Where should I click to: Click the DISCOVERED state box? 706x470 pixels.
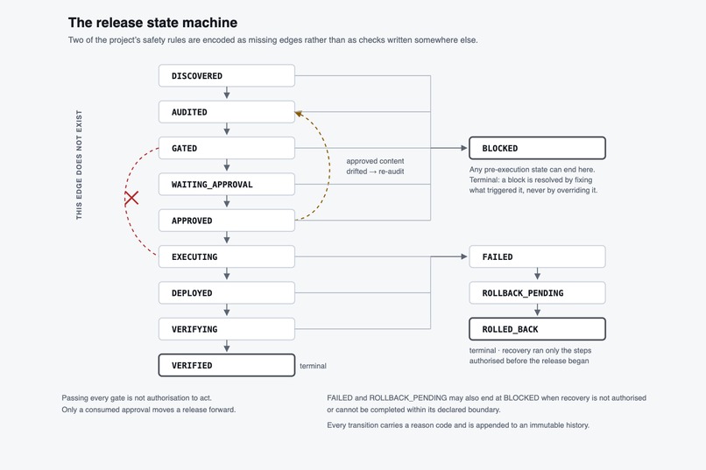click(x=227, y=75)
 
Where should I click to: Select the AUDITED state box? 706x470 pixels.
click(x=227, y=112)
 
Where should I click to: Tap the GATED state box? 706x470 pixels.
click(x=227, y=148)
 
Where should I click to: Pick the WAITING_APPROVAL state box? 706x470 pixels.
click(x=227, y=185)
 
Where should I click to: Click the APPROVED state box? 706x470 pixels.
click(x=227, y=221)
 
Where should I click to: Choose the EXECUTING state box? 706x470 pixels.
click(x=227, y=256)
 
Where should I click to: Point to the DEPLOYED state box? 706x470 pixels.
click(x=227, y=293)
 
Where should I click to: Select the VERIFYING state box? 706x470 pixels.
click(x=227, y=329)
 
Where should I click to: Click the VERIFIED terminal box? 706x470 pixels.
click(x=227, y=365)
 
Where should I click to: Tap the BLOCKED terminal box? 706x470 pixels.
click(x=537, y=148)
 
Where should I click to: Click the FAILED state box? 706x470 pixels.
click(x=537, y=256)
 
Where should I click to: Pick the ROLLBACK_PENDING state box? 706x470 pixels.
click(x=537, y=293)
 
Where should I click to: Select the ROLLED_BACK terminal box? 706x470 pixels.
click(x=537, y=329)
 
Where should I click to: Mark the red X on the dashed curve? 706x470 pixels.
click(x=131, y=198)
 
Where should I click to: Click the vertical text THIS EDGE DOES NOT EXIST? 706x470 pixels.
click(x=79, y=165)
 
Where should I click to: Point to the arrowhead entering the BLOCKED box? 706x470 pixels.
click(x=464, y=148)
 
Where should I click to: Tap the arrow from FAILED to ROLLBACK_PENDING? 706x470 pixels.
click(x=537, y=274)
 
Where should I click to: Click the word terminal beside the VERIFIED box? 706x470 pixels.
click(x=313, y=366)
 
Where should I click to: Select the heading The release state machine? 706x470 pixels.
click(x=152, y=23)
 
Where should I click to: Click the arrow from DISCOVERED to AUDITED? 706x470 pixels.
click(x=227, y=93)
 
